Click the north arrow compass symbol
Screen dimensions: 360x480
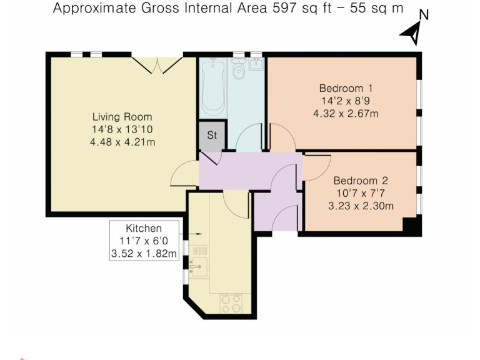[x=412, y=31]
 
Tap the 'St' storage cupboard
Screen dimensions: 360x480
[x=212, y=136]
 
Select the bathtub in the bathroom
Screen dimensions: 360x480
[x=213, y=87]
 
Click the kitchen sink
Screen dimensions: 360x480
[x=198, y=267]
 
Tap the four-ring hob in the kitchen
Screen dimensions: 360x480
[x=231, y=303]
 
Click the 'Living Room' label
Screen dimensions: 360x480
[x=122, y=117]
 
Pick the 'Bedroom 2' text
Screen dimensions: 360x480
[x=360, y=181]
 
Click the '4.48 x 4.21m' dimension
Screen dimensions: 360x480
[x=122, y=142]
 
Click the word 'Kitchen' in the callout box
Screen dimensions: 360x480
[x=144, y=228]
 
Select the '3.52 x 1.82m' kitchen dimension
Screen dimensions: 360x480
[x=144, y=254]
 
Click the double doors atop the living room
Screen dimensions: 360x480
[x=157, y=64]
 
